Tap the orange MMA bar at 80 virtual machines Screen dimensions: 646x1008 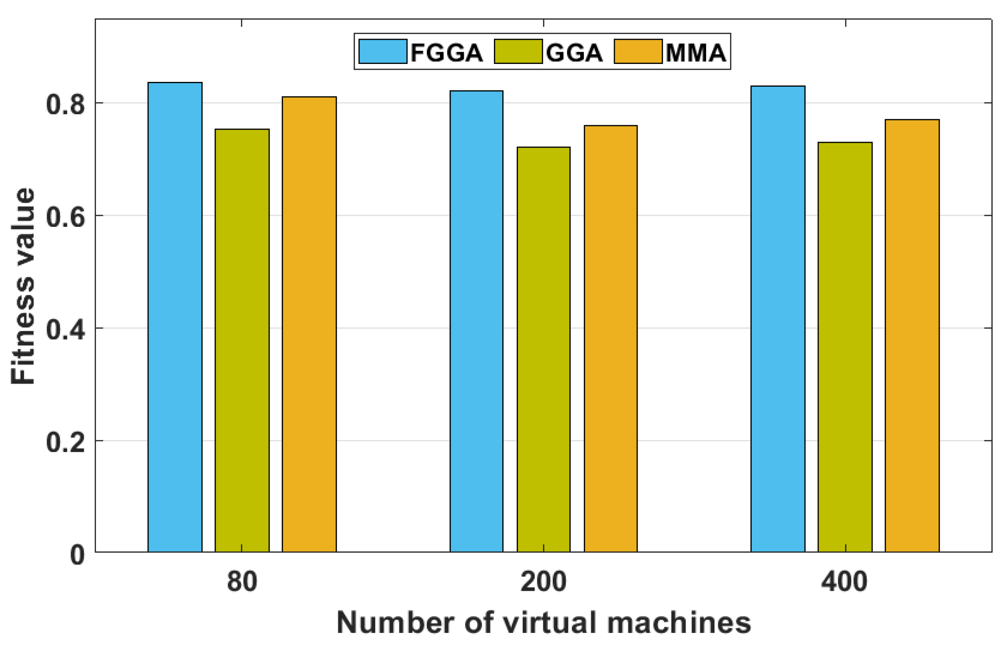pos(309,324)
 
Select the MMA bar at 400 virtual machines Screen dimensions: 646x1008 pos(912,335)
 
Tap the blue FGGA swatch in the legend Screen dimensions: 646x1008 pos(383,52)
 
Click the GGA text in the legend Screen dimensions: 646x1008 pos(574,53)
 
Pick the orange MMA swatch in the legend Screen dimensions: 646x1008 pos(638,52)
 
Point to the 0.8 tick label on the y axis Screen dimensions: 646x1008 pos(65,104)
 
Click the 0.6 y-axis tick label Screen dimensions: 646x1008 pos(65,217)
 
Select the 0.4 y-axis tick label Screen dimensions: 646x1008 pos(65,329)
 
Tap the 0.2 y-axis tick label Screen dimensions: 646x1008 pos(65,442)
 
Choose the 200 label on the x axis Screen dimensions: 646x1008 pos(543,582)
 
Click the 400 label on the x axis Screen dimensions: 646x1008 pos(845,582)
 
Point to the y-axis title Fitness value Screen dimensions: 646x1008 pos(23,286)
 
